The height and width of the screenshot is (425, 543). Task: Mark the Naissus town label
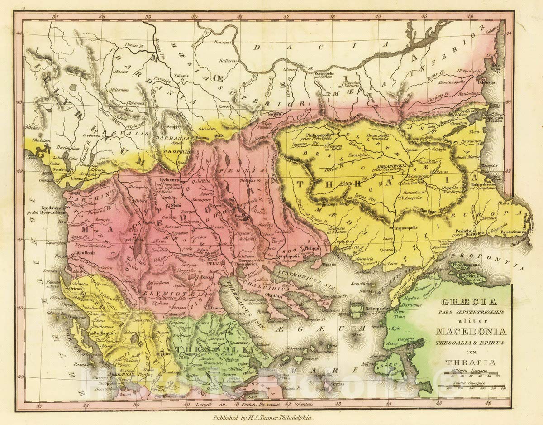click(x=180, y=77)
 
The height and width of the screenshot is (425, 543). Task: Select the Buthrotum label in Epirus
click(x=104, y=333)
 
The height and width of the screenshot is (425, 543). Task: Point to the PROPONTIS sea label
click(x=493, y=255)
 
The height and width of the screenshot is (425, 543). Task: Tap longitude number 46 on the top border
click(x=471, y=17)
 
